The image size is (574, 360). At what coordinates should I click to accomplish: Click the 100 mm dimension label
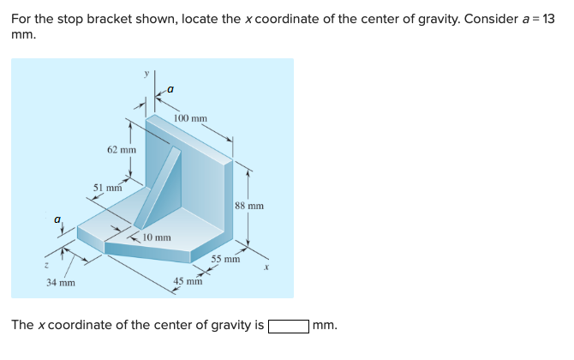click(x=190, y=118)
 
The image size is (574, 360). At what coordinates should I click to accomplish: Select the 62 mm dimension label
click(x=122, y=150)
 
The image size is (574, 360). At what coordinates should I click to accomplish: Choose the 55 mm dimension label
click(x=226, y=258)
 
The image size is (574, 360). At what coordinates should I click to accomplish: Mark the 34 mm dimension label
click(x=60, y=281)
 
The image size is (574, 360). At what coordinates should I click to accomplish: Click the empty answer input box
click(x=289, y=326)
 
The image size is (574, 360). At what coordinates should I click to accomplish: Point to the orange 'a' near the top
click(x=170, y=87)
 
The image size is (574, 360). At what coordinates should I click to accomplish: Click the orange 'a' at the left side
click(x=57, y=219)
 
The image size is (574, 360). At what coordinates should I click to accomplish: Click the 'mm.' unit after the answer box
click(x=326, y=326)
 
